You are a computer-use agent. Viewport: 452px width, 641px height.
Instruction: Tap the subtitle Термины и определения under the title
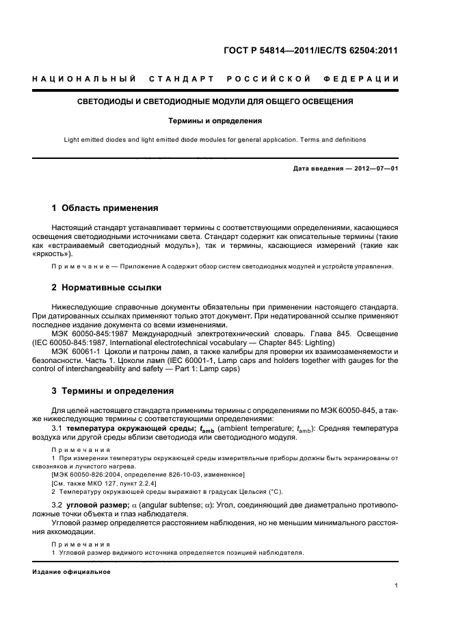(215, 121)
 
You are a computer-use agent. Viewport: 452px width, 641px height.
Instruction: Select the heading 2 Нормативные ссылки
(107, 288)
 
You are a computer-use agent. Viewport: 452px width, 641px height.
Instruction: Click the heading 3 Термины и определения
(113, 391)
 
